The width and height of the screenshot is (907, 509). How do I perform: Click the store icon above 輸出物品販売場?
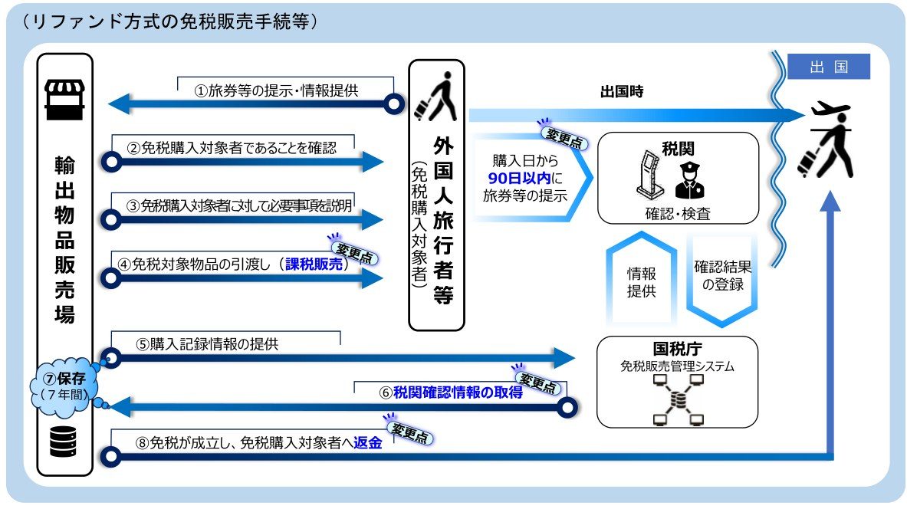pos(64,100)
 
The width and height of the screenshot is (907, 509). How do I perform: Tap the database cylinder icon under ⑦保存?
pos(63,442)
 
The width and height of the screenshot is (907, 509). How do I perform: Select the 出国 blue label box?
pos(829,67)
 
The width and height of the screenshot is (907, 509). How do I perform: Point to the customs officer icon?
pos(689,180)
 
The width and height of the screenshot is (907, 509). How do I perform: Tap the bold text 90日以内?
pos(520,178)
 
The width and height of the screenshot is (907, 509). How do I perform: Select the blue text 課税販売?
pos(314,264)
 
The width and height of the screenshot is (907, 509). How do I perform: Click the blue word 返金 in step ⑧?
pos(368,443)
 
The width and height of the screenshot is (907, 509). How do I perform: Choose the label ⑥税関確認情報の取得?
pos(451,392)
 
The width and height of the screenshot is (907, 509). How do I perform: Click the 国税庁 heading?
pos(677,349)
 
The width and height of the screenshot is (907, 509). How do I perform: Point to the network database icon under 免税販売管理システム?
pos(678,399)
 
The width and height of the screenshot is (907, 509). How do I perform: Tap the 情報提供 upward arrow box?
pos(642,278)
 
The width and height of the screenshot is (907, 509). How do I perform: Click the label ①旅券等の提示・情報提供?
pos(277,90)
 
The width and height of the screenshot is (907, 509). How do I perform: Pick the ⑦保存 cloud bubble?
pos(64,386)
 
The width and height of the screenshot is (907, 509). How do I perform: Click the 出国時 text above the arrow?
pos(622,91)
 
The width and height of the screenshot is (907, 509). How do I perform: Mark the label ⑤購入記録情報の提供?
pos(207,344)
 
